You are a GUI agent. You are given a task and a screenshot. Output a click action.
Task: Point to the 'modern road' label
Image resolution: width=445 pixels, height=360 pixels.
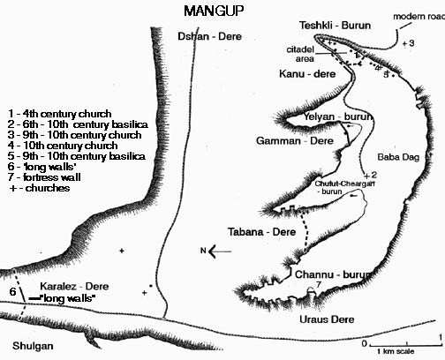[419, 17]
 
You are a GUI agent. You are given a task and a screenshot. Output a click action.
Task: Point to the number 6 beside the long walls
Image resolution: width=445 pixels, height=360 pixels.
[12, 291]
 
